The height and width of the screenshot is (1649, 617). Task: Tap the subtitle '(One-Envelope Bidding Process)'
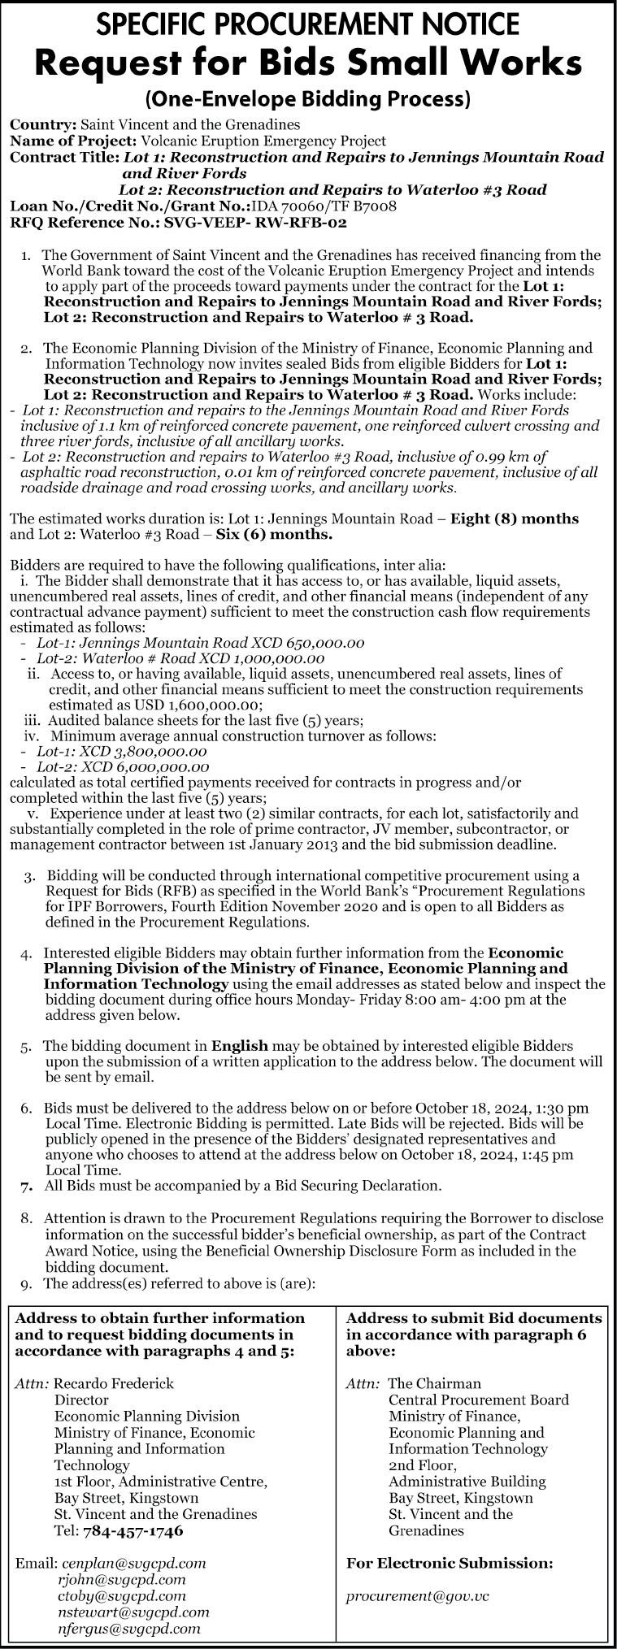(x=308, y=100)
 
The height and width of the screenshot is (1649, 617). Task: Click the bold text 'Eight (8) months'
(x=515, y=519)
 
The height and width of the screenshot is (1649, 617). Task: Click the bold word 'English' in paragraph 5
(x=239, y=1045)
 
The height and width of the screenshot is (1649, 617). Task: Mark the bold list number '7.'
(x=28, y=1186)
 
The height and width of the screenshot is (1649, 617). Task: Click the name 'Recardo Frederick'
(x=114, y=1383)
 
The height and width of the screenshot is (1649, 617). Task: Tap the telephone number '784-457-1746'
(x=133, y=1530)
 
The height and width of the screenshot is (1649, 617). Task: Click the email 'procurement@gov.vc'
(x=418, y=1596)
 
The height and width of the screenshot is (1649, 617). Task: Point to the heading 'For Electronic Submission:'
(x=450, y=1563)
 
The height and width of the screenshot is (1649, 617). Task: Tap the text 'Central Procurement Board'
(x=478, y=1399)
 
